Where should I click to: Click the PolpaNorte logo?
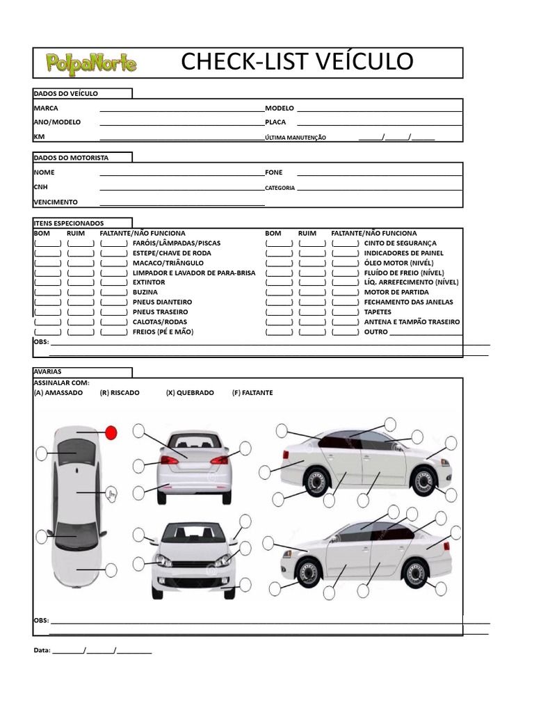coord(91,64)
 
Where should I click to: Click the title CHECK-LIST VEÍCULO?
coord(297,61)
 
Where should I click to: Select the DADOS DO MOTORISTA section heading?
coord(71,158)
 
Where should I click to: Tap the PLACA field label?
coord(275,122)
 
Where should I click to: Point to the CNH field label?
coord(41,187)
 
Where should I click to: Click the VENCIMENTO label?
coord(56,202)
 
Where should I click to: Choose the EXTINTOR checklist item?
coord(149,283)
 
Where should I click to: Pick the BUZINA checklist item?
coord(145,293)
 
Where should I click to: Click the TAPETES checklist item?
coord(378,312)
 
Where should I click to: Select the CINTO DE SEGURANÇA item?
coord(400,243)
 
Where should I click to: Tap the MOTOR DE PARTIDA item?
coord(396,293)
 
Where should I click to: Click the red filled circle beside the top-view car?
coord(111,432)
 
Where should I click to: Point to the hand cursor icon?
coord(112,494)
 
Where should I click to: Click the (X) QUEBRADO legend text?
coord(190,393)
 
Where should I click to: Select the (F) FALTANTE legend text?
coord(252,393)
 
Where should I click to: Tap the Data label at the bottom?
coord(42,651)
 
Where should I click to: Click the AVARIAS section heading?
coord(48,372)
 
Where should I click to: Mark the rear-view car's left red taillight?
coord(169,460)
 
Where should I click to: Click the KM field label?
coord(39,137)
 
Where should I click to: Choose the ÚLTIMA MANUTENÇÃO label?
coord(295,138)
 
